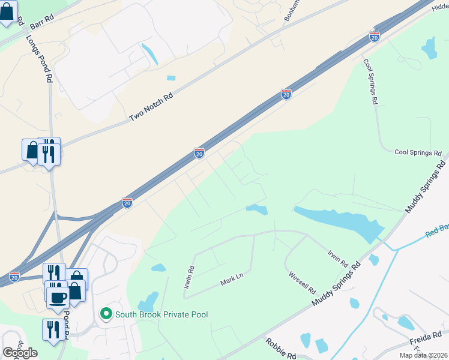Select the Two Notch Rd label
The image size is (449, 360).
(x=151, y=108)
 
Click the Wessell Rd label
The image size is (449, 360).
(x=302, y=280)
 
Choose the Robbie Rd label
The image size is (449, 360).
(x=280, y=349)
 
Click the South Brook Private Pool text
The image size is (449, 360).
(x=161, y=314)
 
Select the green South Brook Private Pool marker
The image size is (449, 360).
(x=106, y=314)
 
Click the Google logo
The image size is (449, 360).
(x=20, y=353)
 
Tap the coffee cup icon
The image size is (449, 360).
(x=58, y=297)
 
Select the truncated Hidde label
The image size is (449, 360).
(x=439, y=6)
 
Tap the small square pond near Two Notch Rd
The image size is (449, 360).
(x=172, y=78)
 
